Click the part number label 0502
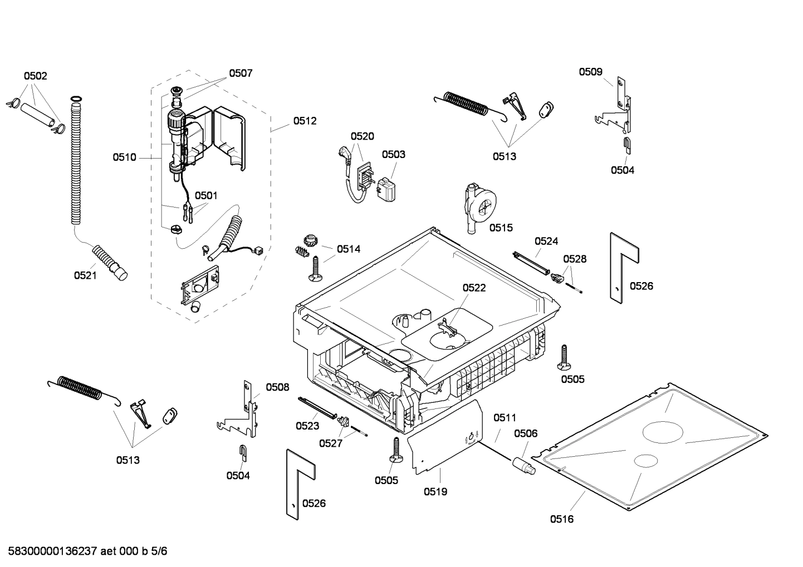pos(35,76)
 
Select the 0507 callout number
pos(241,73)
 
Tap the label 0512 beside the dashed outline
pos(305,121)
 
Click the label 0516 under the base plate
pos(561,519)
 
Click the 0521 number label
pos(85,275)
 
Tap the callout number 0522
pos(474,288)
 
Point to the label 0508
pos(277,387)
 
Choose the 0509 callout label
pos(590,71)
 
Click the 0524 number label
pos(546,241)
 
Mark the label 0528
pos(575,259)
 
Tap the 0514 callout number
pos(349,249)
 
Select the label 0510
pos(124,157)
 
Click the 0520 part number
pos(362,136)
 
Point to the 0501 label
pos(205,195)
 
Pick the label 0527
pos(330,443)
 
